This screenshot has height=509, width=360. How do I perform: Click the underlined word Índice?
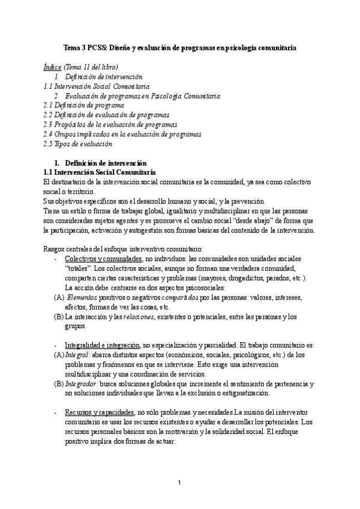point(53,67)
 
